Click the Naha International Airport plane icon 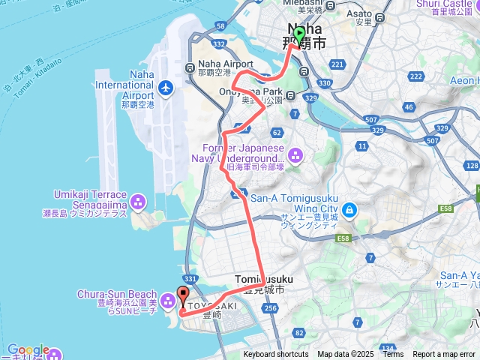[166, 88]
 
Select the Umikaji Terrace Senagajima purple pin [137, 201]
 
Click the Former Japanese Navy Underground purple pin [295, 155]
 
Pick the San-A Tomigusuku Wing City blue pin [351, 207]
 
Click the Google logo [28, 350]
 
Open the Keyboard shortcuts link [275, 355]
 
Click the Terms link [393, 355]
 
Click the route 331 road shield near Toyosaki [190, 279]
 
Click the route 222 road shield [416, 76]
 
